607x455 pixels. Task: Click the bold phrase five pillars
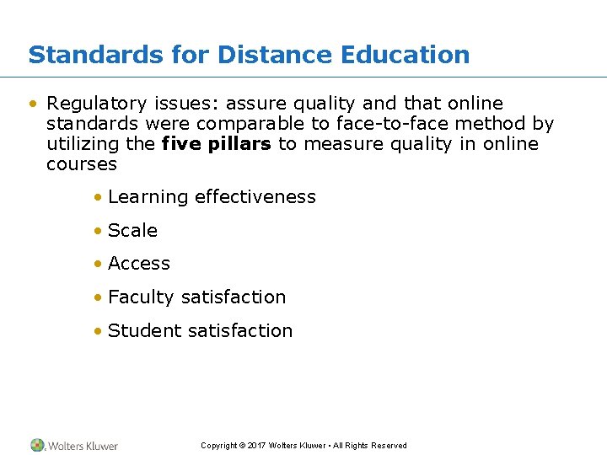tap(216, 144)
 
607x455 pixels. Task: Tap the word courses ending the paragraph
tap(82, 164)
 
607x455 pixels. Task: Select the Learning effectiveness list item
tap(212, 197)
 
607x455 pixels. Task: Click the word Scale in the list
tap(132, 231)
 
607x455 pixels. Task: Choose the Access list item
tap(139, 264)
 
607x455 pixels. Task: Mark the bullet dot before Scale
tap(99, 231)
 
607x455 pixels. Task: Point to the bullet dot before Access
tap(99, 264)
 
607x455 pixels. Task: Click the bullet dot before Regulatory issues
tap(33, 104)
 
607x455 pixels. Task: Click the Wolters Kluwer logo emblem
tap(38, 445)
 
